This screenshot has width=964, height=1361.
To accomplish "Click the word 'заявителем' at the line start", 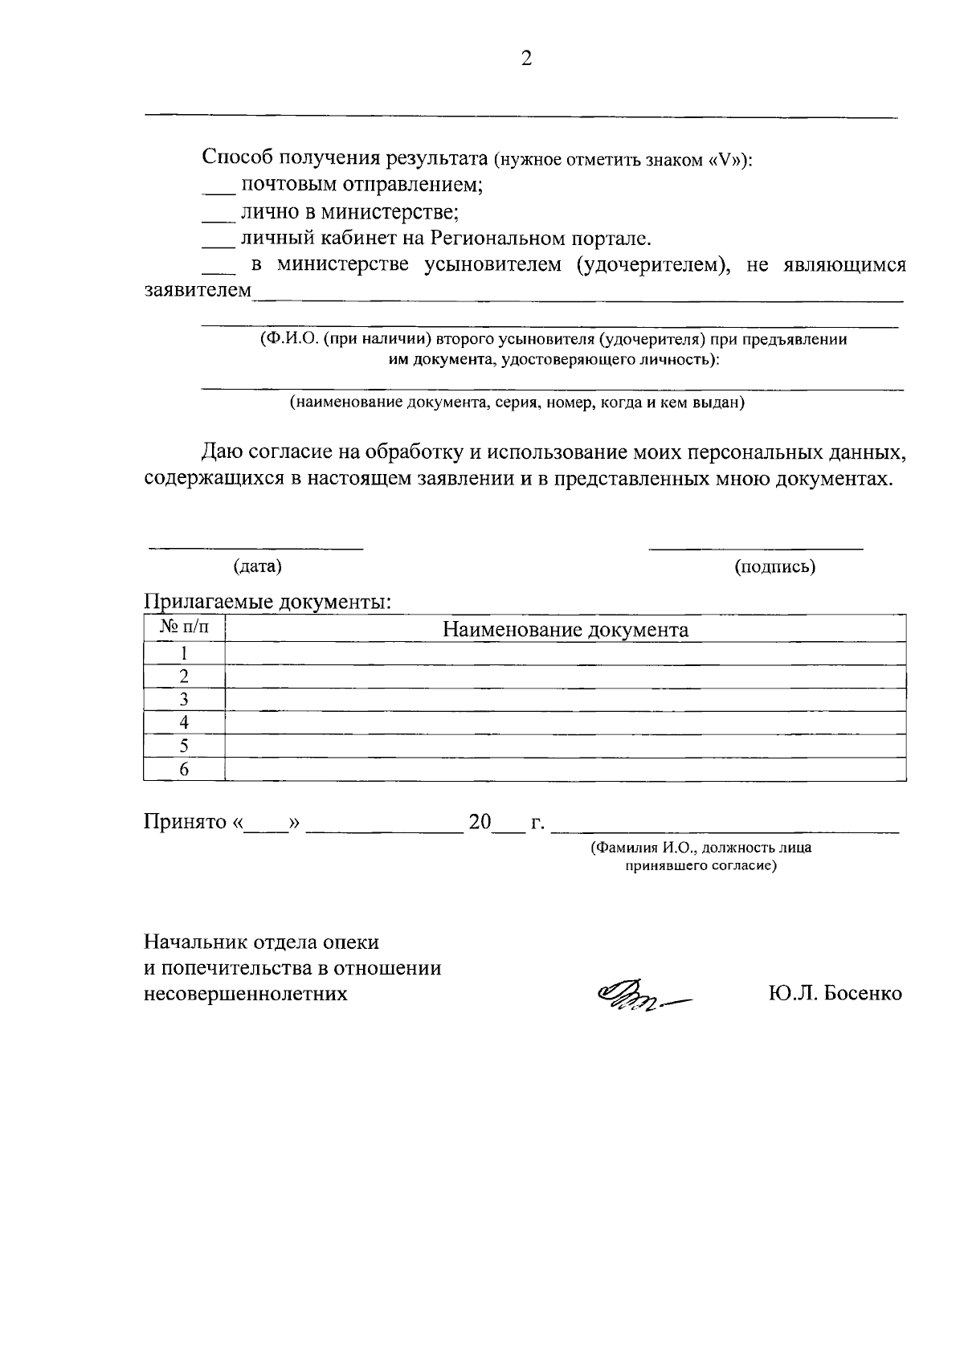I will click(198, 290).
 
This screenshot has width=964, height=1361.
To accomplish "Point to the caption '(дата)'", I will click(257, 566).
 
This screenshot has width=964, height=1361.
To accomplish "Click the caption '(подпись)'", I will click(774, 566).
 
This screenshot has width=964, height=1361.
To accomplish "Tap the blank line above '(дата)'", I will click(255, 546).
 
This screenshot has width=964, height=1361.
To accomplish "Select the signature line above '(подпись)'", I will click(755, 546).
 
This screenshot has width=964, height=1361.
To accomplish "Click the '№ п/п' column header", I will click(184, 627).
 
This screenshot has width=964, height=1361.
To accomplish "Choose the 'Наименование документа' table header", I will click(566, 629).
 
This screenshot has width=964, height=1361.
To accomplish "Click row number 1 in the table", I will click(184, 653).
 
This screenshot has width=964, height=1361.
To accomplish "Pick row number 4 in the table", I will click(184, 722).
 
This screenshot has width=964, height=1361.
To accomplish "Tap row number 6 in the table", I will click(184, 769).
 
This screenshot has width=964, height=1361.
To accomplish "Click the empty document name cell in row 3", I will click(566, 699).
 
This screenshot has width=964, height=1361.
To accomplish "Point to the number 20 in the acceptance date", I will click(480, 823).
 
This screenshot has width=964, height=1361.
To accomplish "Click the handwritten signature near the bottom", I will click(643, 996).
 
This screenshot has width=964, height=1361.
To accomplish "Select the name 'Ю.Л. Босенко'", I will click(835, 994).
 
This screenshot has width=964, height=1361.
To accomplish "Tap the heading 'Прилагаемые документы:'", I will click(268, 603).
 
